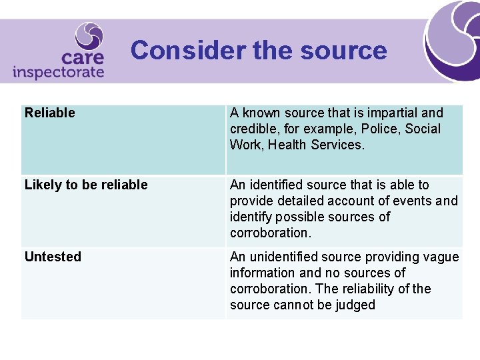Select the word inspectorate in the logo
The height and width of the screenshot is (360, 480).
coord(58,72)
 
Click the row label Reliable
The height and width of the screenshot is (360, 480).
coord(50,113)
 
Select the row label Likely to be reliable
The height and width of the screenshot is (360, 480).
coord(86,185)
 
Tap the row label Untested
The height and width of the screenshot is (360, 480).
coord(53,257)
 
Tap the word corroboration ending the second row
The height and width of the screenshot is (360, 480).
coord(269,233)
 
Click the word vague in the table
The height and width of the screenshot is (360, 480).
coord(443,257)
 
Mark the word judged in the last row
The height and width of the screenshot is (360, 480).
coord(357,305)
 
